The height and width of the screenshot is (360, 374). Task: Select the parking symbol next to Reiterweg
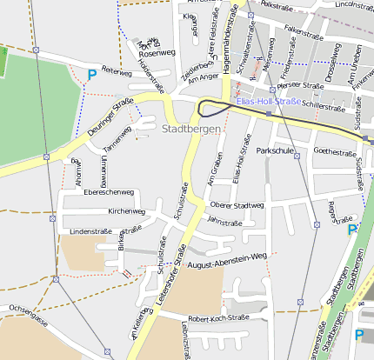pos(92,76)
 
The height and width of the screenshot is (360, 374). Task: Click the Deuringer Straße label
pos(110,119)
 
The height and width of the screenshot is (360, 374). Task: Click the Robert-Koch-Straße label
pos(219,319)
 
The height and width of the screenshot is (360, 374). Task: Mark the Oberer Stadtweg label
pos(237,205)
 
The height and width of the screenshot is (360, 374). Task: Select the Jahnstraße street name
pos(224,222)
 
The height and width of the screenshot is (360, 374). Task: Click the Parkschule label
pos(275,150)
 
